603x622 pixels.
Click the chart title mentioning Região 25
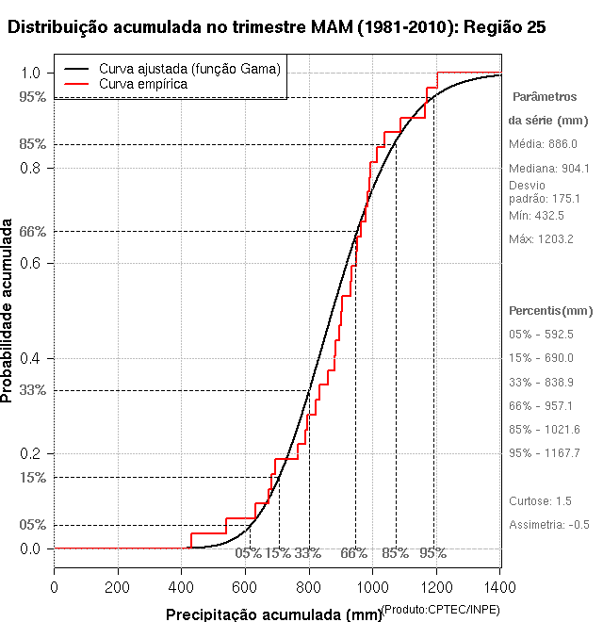click(276, 27)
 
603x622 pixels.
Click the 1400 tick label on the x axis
click(500, 587)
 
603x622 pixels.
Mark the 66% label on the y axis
click(31, 231)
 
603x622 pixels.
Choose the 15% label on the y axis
click(31, 477)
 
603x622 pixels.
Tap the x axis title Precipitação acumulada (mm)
click(273, 614)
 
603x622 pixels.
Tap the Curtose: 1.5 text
click(540, 500)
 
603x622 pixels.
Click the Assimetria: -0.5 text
click(549, 524)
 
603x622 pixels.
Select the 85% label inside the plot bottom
click(395, 553)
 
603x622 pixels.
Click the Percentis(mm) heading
click(551, 310)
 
